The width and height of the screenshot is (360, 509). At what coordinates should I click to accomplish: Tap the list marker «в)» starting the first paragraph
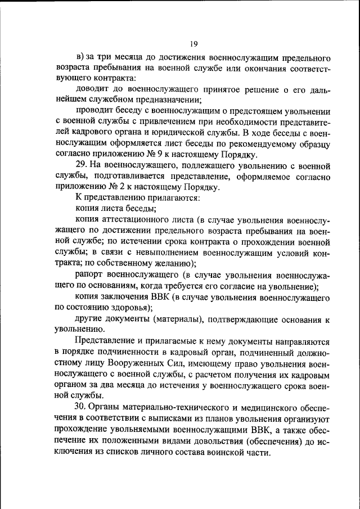click(80, 58)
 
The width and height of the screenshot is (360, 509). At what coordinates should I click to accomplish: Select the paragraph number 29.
click(80, 165)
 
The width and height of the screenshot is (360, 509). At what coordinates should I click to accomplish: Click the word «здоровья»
click(127, 308)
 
